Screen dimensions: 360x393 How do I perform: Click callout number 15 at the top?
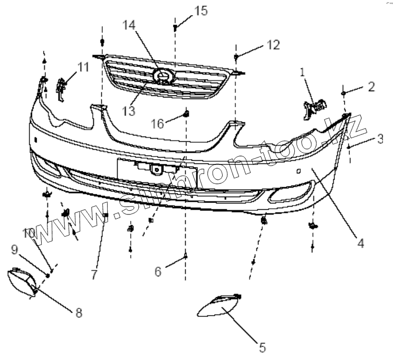pyautogui.click(x=201, y=11)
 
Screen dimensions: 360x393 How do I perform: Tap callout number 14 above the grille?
pyautogui.click(x=129, y=25)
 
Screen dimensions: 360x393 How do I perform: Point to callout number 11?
pyautogui.click(x=83, y=67)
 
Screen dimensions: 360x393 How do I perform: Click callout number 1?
pyautogui.click(x=302, y=73)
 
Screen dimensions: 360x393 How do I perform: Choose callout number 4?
pyautogui.click(x=360, y=243)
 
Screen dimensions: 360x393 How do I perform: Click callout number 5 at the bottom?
pyautogui.click(x=262, y=347)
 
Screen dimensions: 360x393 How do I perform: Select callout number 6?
pyautogui.click(x=158, y=271)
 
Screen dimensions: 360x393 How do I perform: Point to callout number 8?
pyautogui.click(x=79, y=313)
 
